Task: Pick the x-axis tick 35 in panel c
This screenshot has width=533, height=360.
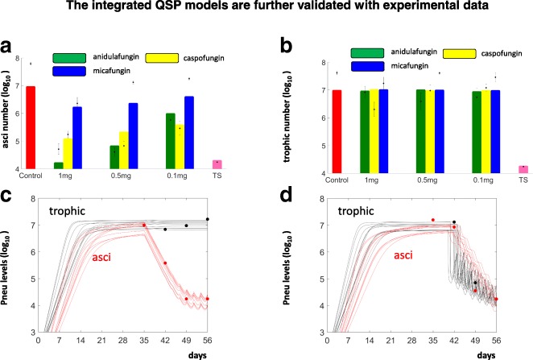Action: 143,340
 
